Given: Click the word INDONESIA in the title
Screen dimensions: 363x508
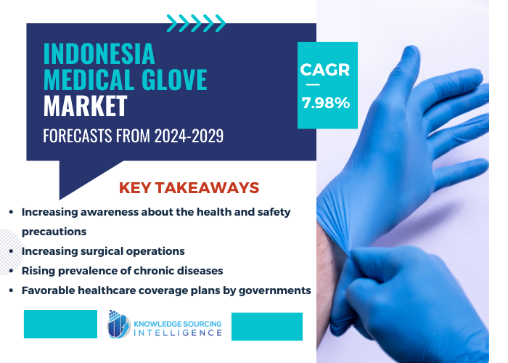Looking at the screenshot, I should tap(99, 53).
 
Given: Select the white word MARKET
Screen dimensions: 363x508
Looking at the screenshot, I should tap(85, 106).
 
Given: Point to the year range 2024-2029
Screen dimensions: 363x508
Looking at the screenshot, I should tap(187, 136).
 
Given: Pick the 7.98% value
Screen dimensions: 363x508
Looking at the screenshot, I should tap(326, 103).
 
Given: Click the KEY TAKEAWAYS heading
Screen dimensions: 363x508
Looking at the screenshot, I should tap(189, 188).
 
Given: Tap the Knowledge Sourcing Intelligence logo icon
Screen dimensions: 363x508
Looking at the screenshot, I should tap(118, 325).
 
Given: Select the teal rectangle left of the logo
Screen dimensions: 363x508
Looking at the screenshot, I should tap(60, 324).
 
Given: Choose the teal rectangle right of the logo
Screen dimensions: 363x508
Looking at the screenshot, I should tap(266, 326).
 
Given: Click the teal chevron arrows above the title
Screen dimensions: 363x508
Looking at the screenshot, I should tap(196, 23).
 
